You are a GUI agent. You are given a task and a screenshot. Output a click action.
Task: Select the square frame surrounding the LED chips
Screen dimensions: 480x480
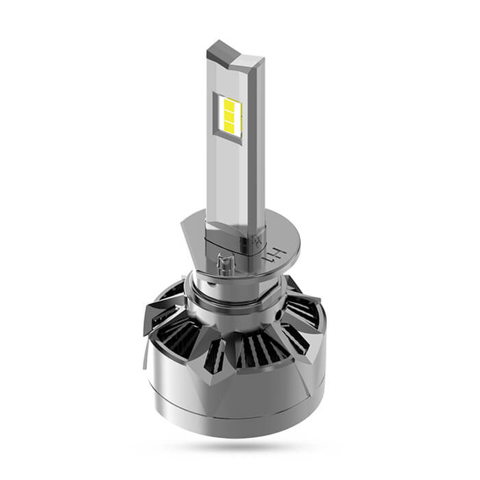click(227, 115)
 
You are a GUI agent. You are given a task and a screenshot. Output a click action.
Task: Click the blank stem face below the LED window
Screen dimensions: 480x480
click(225, 180)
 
